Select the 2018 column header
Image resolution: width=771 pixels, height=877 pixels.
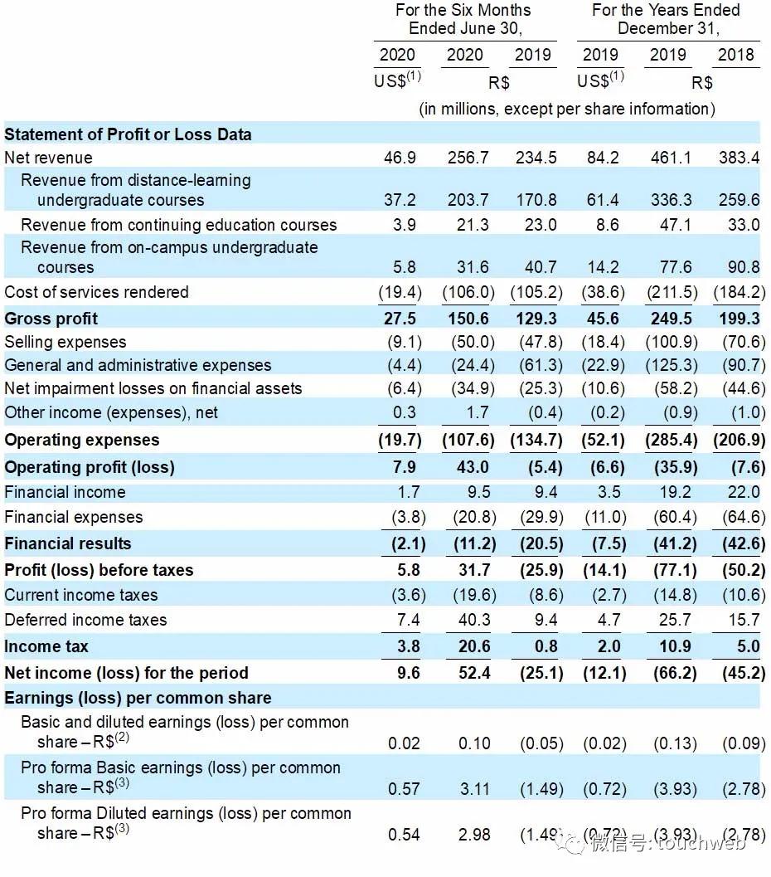pos(736,55)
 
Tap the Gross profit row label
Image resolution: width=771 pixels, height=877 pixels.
pos(51,319)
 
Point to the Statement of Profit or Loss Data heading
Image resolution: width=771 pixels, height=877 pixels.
pos(128,134)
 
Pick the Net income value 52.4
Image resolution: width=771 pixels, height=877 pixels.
pos(474,673)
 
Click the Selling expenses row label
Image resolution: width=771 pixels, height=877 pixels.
pos(65,342)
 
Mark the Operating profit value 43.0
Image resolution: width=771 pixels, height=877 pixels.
pos(474,467)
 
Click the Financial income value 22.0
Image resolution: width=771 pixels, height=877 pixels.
pos(743,492)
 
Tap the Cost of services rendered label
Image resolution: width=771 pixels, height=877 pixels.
pos(96,292)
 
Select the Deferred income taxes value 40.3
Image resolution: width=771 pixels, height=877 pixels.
pos(474,620)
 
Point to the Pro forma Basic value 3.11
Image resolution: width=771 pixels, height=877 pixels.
pos(474,788)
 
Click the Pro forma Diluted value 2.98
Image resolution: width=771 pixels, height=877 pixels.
pos(474,834)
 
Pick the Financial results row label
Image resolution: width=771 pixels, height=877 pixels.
pos(68,543)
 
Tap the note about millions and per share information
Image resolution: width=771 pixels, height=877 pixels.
pos(567,109)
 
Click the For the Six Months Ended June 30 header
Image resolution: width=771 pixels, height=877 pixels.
pos(464,19)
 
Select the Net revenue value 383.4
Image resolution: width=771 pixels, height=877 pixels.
pos(738,158)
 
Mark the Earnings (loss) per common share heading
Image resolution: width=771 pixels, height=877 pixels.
pos(138,698)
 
